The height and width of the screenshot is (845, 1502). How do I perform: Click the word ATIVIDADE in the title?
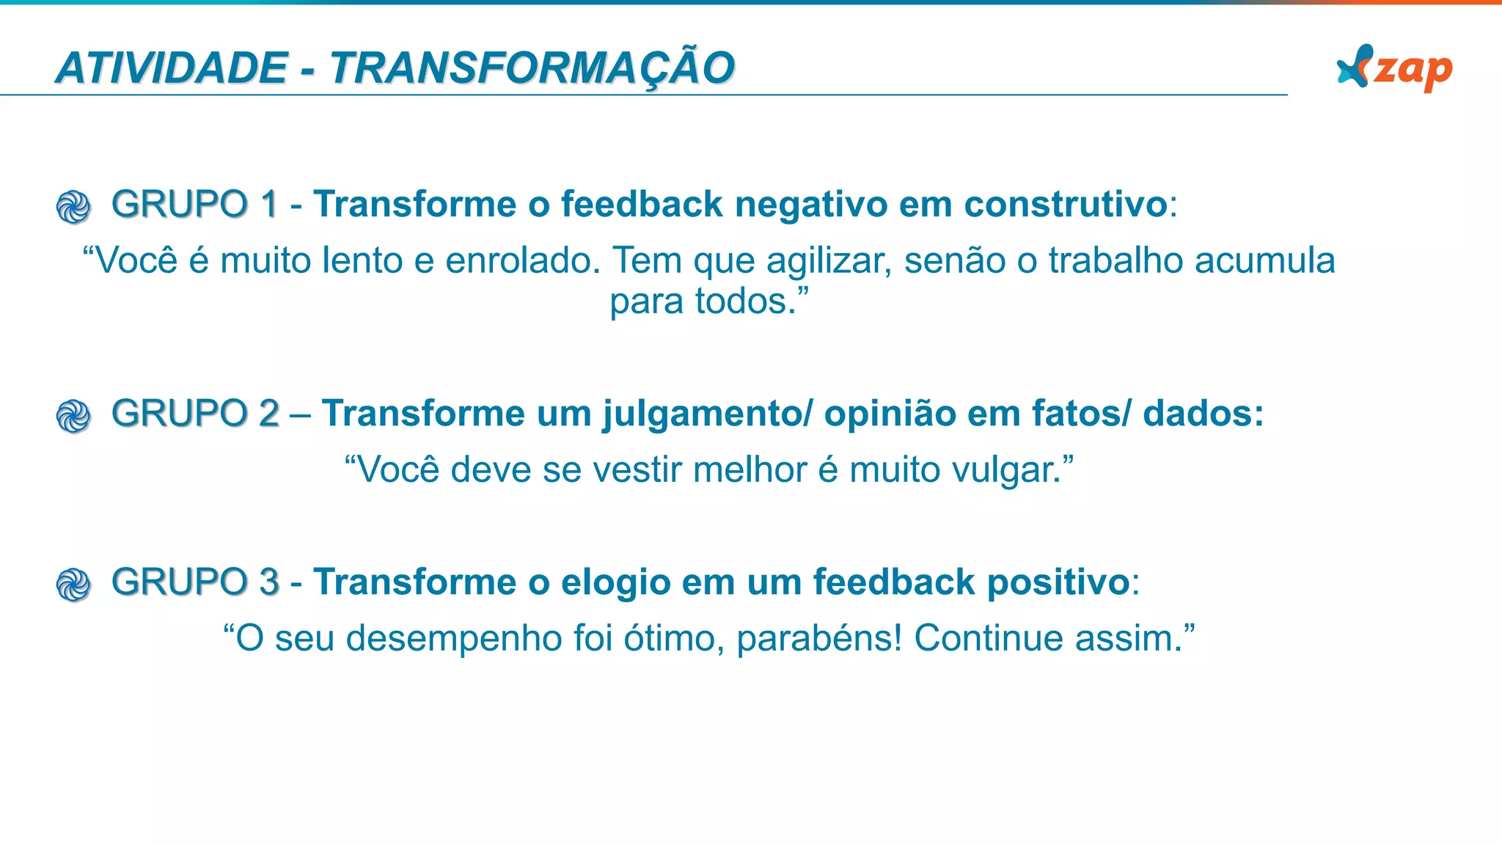coord(172,68)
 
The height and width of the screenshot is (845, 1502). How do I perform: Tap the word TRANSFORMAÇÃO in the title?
coord(532,68)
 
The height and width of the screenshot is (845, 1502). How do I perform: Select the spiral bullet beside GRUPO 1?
coord(73,207)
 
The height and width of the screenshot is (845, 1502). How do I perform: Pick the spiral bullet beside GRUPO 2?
coord(73,416)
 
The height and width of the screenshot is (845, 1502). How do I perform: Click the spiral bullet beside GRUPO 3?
coord(73,585)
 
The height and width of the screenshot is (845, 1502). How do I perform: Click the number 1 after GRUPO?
coord(268,204)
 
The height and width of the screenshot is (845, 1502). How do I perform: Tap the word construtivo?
coord(1065,204)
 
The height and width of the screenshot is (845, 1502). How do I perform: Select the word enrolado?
coord(523,260)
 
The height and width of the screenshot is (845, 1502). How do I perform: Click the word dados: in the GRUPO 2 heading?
coord(1204,414)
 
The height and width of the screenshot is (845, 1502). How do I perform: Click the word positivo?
coord(1058,584)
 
